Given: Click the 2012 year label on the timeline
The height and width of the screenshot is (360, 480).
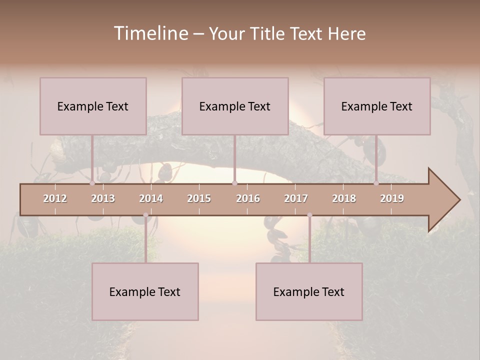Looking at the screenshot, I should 55,198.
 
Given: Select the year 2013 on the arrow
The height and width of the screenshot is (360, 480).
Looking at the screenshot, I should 103,198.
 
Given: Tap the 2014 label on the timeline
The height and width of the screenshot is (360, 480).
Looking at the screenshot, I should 151,198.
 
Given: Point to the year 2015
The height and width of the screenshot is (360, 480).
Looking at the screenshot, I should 199,198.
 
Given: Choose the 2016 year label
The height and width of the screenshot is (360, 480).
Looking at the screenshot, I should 248,198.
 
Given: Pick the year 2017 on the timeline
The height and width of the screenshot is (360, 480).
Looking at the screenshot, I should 296,198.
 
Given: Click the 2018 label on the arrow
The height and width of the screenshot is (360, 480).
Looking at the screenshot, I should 344,198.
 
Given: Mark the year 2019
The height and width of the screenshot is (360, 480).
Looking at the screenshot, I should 392,198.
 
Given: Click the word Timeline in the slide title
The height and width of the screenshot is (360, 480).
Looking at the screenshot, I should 150,33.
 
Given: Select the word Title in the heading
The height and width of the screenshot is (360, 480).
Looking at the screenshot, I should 267,33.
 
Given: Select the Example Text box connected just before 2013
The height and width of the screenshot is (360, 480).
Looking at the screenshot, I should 93,106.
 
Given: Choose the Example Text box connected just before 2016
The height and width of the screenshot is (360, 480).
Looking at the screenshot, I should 235,106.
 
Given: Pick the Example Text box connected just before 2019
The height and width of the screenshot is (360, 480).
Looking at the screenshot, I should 377,106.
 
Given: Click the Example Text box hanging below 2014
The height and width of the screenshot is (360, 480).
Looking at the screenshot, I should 145,291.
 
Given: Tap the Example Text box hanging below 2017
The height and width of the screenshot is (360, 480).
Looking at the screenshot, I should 309,291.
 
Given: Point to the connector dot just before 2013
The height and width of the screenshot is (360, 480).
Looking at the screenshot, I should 92,183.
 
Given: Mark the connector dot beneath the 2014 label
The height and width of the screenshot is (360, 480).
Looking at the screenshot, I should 145,215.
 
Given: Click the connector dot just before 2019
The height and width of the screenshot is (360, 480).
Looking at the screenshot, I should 376,183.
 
